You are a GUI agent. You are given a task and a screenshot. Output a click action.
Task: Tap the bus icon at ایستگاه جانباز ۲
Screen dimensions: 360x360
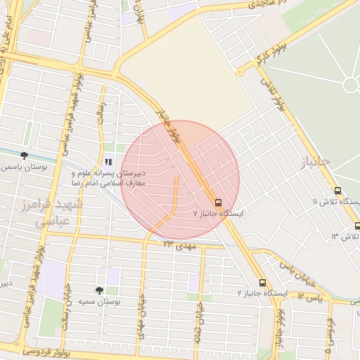click(x=262, y=283)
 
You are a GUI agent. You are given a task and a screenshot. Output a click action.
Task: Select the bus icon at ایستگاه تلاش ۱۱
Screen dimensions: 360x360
click(x=338, y=191)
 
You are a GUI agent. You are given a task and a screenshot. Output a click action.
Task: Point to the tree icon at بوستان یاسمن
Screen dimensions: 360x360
click(x=25, y=155)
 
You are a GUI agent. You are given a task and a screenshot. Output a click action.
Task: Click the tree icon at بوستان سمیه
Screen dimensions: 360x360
click(x=99, y=290)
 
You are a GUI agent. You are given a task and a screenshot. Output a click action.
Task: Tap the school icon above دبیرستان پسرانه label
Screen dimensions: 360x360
click(x=108, y=161)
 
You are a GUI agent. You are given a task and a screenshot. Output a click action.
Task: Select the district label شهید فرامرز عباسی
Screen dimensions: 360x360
click(x=58, y=212)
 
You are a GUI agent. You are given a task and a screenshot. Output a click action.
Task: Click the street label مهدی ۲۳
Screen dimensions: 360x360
click(x=179, y=245)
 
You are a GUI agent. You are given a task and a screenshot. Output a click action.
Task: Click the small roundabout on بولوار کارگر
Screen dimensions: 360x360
click(x=240, y=72)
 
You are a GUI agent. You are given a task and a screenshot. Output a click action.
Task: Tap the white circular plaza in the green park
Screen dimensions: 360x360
click(x=350, y=85)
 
